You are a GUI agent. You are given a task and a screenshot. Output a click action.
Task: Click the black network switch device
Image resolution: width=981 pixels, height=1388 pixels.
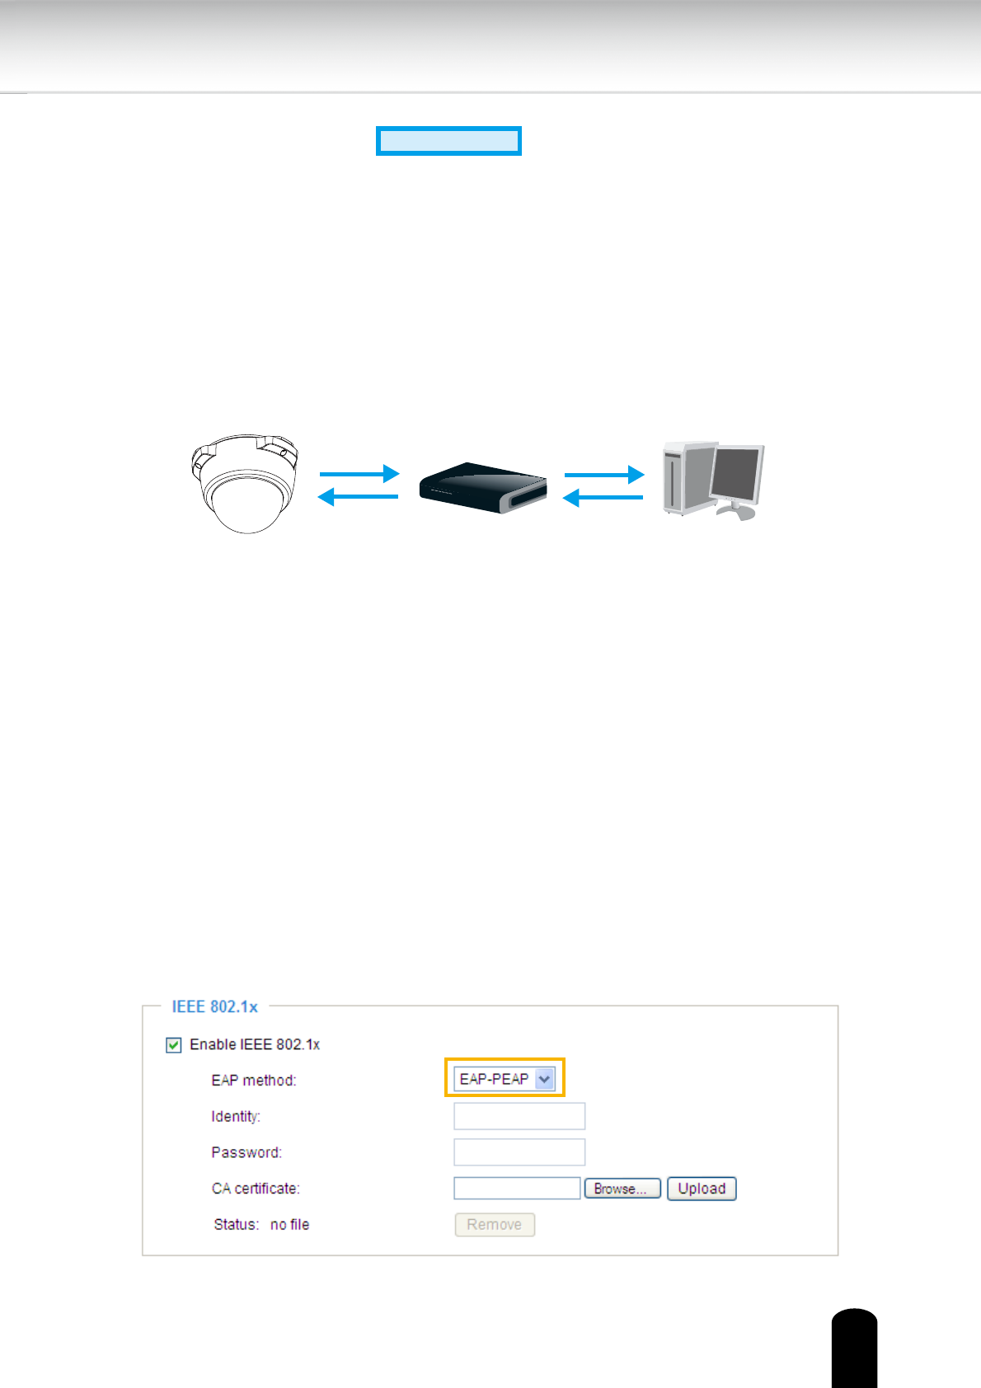tap(483, 488)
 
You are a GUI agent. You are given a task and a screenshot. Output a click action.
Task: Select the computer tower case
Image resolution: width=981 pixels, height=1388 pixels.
tap(683, 478)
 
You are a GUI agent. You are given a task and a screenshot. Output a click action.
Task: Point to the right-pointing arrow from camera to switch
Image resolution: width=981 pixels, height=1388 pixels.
tap(359, 474)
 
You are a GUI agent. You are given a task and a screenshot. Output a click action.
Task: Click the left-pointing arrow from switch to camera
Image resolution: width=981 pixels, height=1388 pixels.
tap(358, 496)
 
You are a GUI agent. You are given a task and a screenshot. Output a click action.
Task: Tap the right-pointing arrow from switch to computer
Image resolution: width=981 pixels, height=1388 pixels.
tap(604, 475)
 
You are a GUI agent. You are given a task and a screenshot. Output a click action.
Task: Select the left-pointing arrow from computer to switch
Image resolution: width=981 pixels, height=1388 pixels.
tap(603, 498)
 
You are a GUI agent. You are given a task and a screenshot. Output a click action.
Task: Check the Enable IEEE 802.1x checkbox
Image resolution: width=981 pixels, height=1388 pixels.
tap(174, 1045)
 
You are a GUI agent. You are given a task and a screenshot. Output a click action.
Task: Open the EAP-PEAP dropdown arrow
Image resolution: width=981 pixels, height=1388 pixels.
tap(544, 1079)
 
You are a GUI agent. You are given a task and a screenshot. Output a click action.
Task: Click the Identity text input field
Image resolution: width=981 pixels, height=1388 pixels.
tap(519, 1116)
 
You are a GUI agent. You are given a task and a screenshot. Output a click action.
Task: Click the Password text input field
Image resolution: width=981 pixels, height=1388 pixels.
tap(519, 1152)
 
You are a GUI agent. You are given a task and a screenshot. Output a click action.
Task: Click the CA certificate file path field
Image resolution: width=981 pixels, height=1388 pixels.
tap(517, 1189)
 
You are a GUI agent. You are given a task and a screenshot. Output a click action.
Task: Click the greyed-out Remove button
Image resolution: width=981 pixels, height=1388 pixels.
tap(495, 1225)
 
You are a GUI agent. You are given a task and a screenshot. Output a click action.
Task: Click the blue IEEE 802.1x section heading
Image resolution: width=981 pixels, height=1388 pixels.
tap(214, 1006)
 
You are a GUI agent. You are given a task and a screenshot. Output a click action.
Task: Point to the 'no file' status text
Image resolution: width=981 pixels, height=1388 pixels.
tap(289, 1225)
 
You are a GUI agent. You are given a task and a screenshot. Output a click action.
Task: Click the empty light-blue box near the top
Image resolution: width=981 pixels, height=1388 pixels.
tap(448, 141)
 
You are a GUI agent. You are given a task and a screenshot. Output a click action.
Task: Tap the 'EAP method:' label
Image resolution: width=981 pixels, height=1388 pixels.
tap(254, 1081)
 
